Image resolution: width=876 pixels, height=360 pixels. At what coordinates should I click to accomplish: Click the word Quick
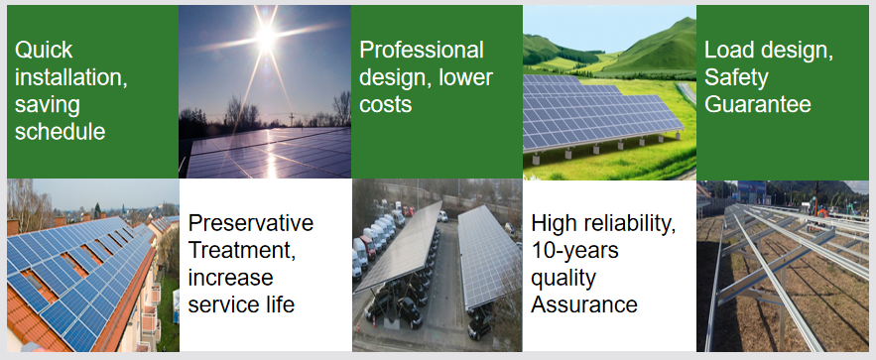tap(45, 51)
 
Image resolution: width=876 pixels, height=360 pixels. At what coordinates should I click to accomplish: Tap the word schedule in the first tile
tap(60, 131)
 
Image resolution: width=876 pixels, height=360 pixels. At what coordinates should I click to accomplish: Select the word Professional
tap(422, 51)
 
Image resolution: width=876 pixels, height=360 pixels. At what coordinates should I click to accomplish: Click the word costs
tap(386, 103)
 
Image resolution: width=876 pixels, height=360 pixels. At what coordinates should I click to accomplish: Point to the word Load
tap(728, 51)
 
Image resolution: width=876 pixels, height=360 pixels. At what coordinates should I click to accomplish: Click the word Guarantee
tap(758, 103)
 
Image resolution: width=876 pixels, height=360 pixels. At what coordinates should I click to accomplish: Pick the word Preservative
tap(251, 222)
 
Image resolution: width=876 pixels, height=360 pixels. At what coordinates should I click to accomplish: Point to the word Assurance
tap(583, 302)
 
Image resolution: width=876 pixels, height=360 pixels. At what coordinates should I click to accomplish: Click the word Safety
tap(735, 77)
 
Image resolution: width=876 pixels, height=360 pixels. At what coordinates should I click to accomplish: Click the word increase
tap(230, 276)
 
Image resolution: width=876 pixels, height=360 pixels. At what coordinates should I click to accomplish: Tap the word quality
tap(563, 276)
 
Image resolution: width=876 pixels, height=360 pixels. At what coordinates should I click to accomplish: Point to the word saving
tap(47, 104)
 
